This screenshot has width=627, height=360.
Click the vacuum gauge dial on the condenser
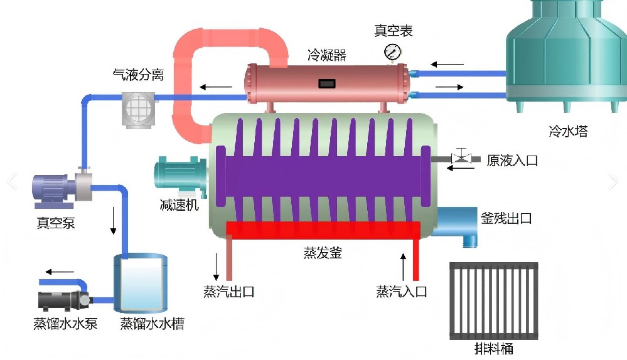coord(392,50)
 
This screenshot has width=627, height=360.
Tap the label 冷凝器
coord(326,55)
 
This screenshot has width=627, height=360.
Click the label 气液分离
coord(138,75)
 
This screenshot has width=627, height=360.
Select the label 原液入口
coord(512,161)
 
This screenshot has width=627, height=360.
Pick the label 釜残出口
coord(506,218)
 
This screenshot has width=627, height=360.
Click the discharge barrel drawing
coord(494,301)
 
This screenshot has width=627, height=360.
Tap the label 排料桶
coord(494,349)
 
